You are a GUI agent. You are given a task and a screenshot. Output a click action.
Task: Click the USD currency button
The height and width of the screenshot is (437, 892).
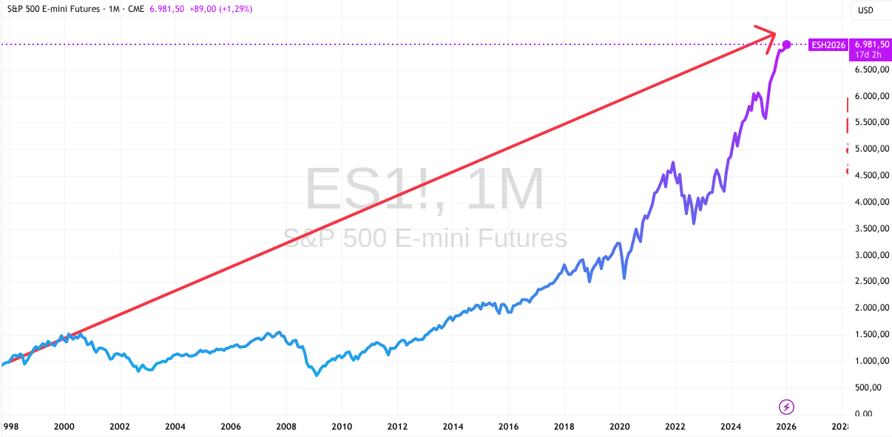865,10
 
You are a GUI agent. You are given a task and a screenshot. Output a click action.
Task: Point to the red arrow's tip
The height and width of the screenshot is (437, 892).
774,33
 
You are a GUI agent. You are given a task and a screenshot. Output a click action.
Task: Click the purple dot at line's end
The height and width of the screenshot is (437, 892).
787,44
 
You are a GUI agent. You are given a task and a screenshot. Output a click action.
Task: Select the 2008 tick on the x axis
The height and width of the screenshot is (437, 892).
286,426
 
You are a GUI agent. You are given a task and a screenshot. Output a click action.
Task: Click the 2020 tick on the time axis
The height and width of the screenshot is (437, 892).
619,426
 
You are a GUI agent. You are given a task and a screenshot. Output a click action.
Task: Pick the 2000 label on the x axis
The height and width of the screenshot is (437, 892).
64,426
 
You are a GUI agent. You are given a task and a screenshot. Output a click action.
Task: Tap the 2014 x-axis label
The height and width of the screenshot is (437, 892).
453,426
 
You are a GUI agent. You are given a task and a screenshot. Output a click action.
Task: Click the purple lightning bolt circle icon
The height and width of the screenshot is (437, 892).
787,406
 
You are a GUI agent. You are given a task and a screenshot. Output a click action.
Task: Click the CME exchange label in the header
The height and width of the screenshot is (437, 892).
136,10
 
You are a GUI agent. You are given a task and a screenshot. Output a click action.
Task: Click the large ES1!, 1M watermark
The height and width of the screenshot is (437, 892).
425,190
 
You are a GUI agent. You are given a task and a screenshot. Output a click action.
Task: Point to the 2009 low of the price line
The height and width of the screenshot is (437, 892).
317,376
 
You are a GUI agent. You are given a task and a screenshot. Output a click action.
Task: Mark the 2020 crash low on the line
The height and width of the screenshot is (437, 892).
625,278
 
